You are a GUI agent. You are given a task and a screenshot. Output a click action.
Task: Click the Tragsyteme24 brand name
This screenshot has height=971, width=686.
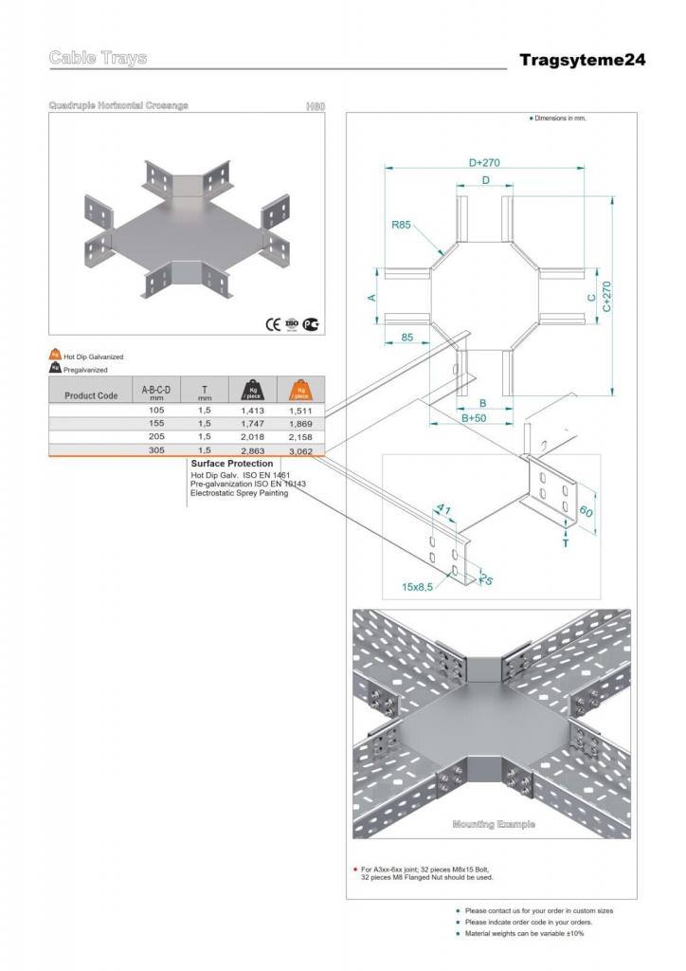point(582,61)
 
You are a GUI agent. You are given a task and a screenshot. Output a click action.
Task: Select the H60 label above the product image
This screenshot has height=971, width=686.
point(315,106)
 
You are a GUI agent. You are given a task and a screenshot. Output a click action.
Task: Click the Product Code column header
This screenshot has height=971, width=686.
point(91,395)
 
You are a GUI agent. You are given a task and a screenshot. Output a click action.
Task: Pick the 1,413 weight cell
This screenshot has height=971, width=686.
point(252,411)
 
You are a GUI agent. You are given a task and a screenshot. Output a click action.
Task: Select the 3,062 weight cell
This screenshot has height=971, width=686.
point(300,451)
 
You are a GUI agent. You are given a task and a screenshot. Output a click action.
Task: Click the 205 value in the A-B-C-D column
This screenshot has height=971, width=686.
point(156,436)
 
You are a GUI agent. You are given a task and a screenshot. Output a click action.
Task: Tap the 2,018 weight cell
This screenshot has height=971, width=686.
point(252,436)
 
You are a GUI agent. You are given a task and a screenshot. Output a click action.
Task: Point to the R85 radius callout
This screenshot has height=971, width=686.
point(401,226)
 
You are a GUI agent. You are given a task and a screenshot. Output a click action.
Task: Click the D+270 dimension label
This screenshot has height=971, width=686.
point(483,163)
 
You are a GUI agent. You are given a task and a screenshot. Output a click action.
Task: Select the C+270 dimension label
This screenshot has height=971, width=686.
point(605,297)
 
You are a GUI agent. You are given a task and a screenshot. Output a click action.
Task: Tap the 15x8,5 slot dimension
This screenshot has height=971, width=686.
point(416,587)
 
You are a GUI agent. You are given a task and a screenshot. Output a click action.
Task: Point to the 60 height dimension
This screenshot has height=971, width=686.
point(587,511)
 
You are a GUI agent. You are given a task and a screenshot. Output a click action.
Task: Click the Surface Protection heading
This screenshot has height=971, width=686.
point(231,464)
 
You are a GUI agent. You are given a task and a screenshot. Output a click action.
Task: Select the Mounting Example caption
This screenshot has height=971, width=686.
point(493,824)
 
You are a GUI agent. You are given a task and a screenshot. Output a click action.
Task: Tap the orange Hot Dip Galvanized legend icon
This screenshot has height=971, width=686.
point(55,356)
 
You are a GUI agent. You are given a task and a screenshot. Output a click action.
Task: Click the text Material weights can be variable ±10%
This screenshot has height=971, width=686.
point(524,934)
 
